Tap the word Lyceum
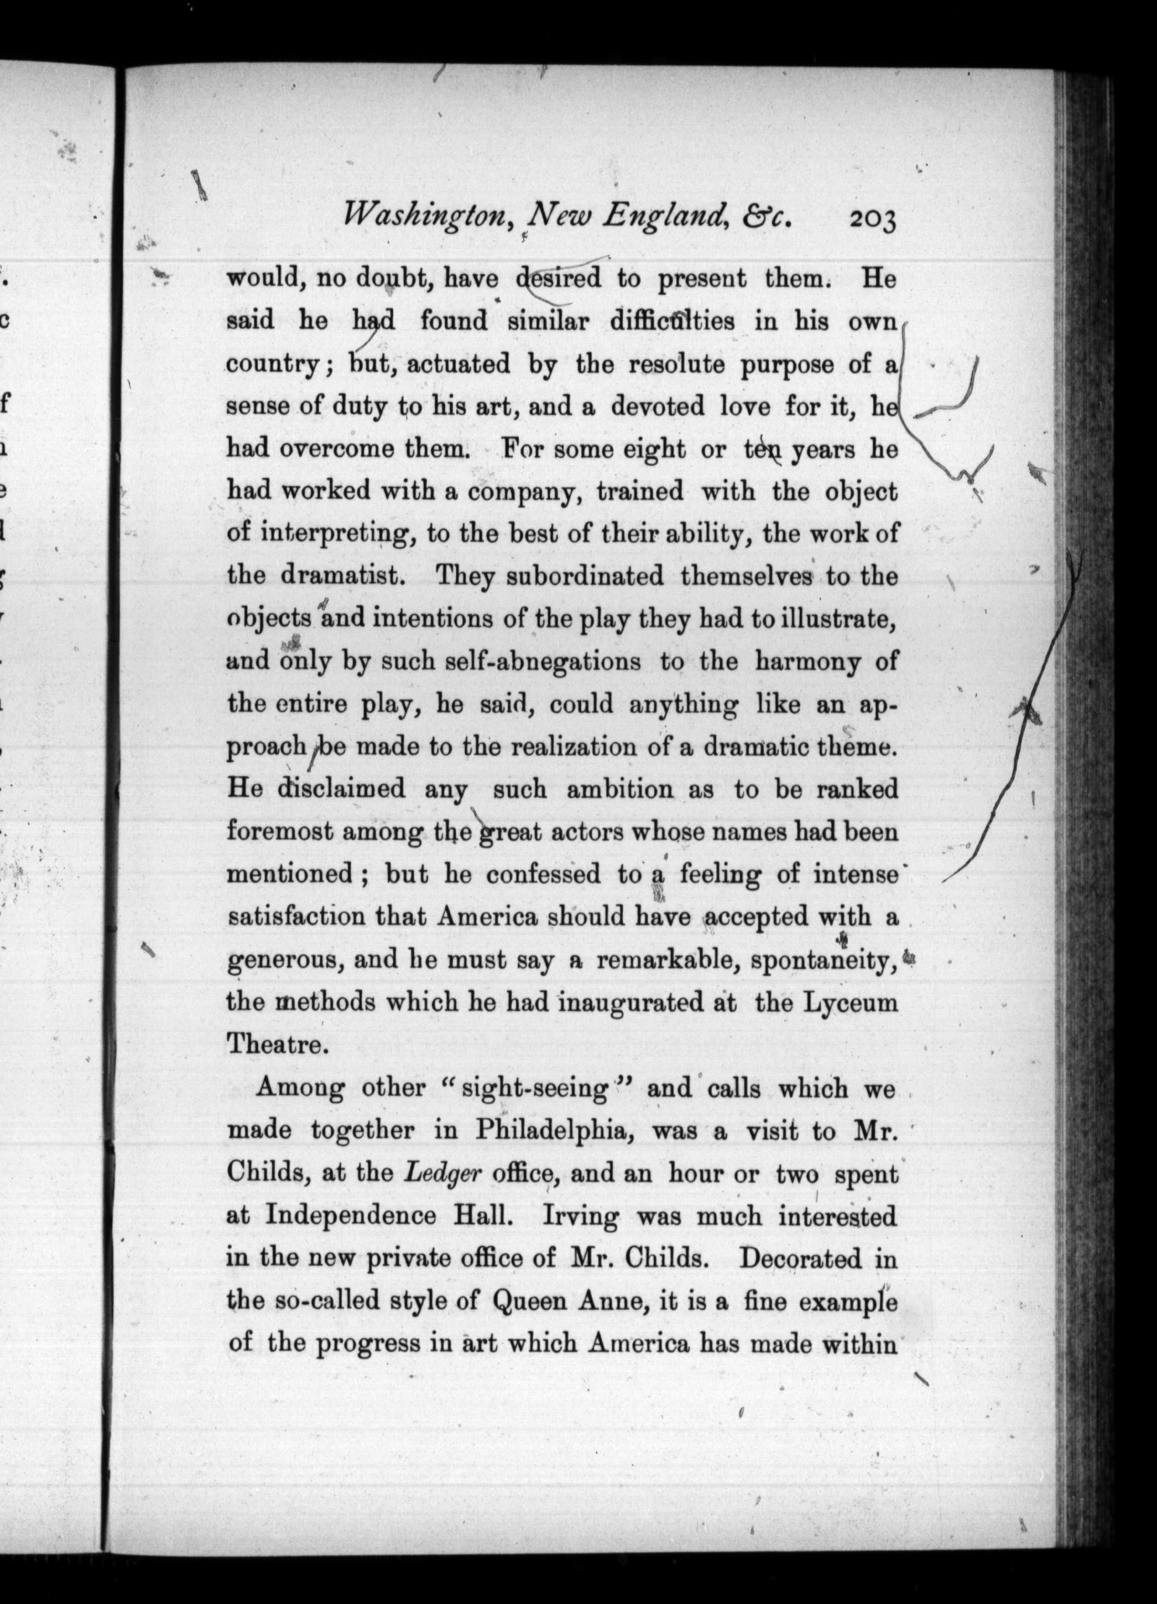(858, 1004)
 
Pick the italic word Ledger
(443, 1174)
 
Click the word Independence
(351, 1217)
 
